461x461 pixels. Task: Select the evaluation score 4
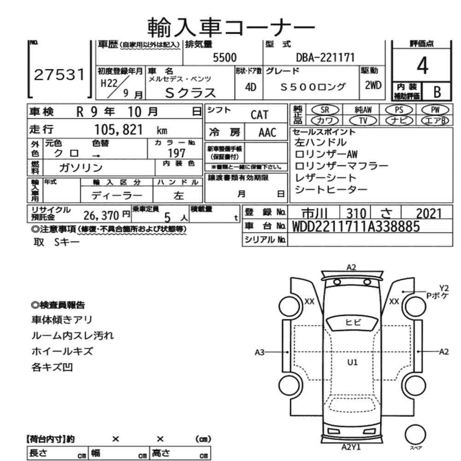click(x=422, y=67)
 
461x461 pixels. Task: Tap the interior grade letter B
click(x=435, y=92)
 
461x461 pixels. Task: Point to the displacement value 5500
click(x=225, y=58)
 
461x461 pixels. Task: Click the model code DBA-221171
click(x=325, y=58)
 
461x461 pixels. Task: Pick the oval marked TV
click(x=363, y=120)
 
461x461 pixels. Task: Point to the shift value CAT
click(x=259, y=115)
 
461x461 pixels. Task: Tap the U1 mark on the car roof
click(x=353, y=362)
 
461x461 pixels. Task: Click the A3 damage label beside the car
click(x=260, y=353)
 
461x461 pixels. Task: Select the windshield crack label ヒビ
click(x=353, y=322)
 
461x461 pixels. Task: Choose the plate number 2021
click(x=429, y=213)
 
